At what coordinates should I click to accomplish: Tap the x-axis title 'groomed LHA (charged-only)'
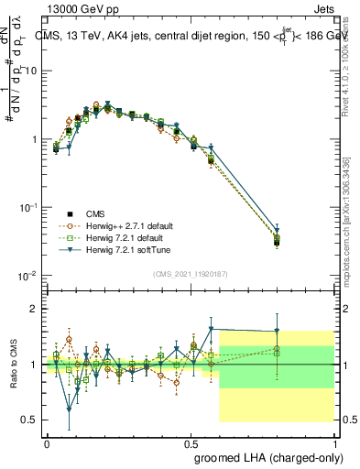point(264,455)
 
